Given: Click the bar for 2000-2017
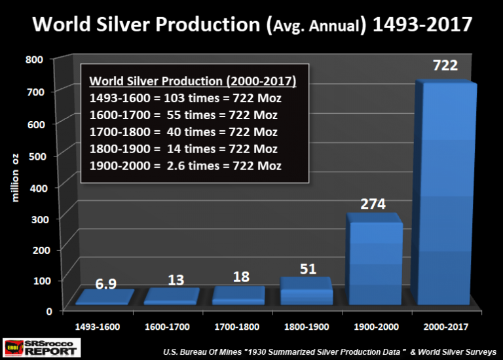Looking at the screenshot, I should click(x=445, y=196).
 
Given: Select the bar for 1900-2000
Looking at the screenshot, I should click(x=375, y=262).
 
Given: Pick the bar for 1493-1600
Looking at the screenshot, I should click(x=105, y=298).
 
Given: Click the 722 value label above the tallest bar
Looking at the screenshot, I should click(x=445, y=66).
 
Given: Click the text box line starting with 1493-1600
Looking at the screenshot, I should click(x=185, y=98).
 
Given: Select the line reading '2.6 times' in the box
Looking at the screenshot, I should click(x=185, y=166).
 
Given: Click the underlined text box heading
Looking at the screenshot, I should click(x=193, y=81).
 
